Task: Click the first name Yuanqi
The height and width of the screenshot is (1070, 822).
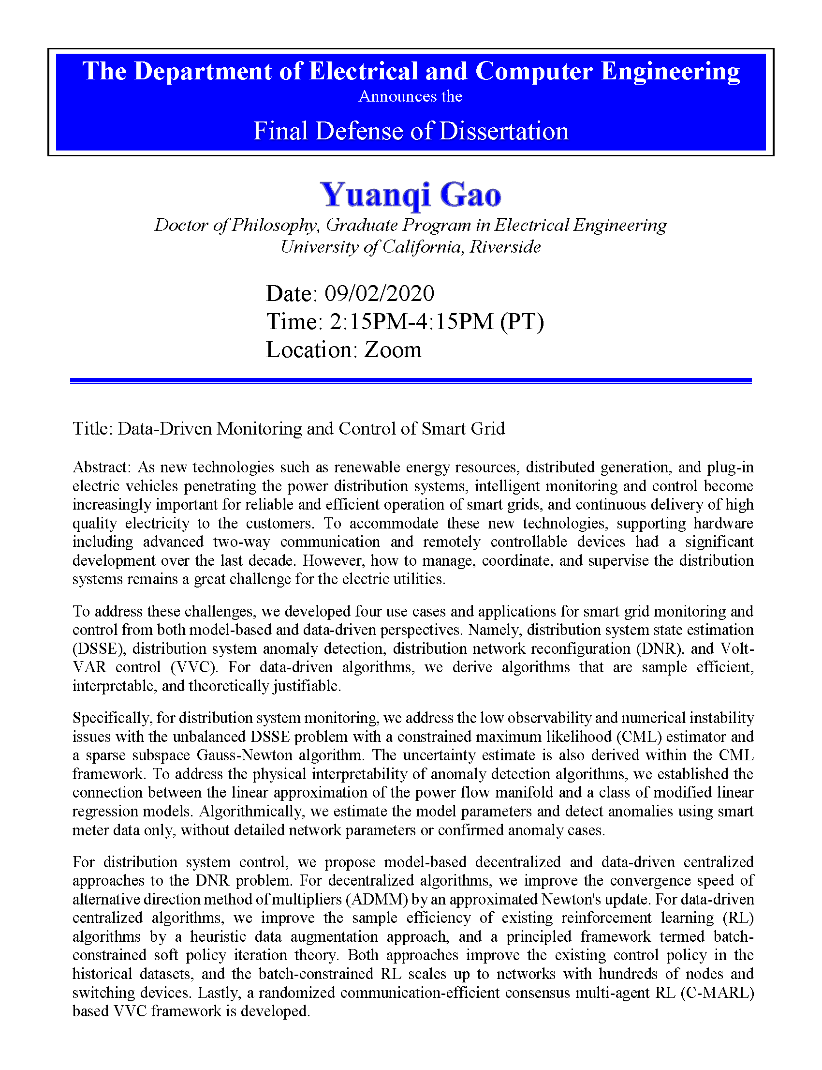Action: pos(375,196)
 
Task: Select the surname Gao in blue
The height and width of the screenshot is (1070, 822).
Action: pos(470,196)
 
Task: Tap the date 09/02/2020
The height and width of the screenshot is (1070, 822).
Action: pos(379,293)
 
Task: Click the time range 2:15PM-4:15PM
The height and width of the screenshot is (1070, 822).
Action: pos(411,322)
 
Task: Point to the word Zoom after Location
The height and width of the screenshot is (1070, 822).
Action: pos(393,349)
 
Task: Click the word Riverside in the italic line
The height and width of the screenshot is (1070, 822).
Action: pos(505,247)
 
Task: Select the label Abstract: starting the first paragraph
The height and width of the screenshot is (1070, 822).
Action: pos(102,467)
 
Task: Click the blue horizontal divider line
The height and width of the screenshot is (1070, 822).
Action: pos(411,381)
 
